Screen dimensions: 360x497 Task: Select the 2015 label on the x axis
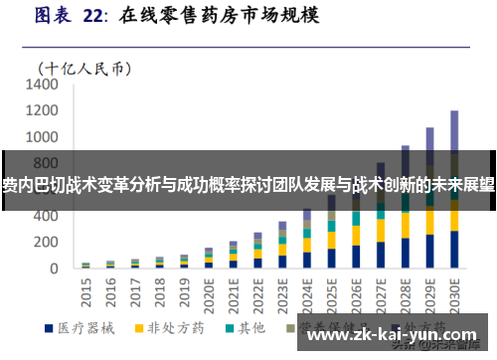pos(85,290)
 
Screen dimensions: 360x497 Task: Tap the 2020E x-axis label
pos(209,293)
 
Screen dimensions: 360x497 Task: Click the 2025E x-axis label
pos(331,293)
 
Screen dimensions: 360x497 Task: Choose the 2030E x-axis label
pos(454,293)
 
